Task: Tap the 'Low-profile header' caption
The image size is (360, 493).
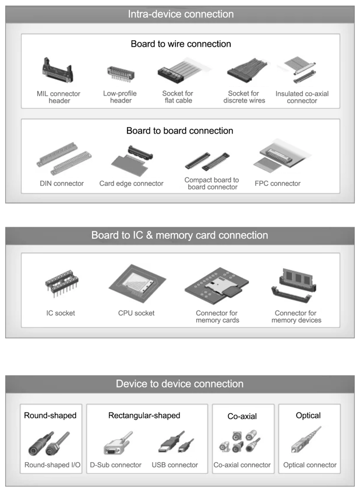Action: click(x=121, y=97)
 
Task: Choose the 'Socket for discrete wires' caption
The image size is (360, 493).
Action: click(x=244, y=97)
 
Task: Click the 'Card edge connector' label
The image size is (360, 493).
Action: click(x=132, y=184)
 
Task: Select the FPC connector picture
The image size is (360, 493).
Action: click(x=278, y=157)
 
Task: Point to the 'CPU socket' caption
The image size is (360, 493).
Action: click(x=136, y=313)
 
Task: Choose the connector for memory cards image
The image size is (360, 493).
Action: click(x=217, y=286)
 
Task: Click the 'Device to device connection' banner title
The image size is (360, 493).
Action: click(x=180, y=384)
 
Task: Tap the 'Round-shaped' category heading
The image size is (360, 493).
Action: click(x=50, y=415)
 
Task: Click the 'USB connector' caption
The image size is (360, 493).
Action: click(x=175, y=465)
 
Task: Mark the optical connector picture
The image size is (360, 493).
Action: click(x=308, y=443)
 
